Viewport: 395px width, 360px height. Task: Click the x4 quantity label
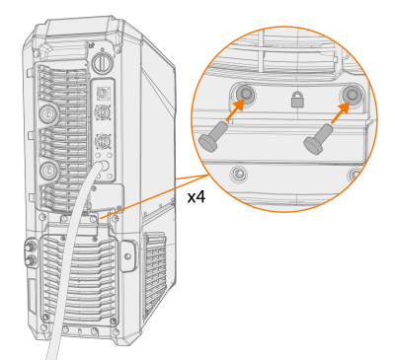pos(197,197)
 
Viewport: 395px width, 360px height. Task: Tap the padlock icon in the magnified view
pos(297,100)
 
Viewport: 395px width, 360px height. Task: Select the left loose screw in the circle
pos(213,137)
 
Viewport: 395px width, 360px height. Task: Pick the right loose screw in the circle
pos(318,139)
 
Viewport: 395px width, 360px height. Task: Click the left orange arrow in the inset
pos(235,108)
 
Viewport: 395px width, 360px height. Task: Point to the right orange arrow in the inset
pos(340,112)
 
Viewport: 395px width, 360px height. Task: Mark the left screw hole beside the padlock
pos(244,94)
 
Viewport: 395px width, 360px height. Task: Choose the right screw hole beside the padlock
pos(352,95)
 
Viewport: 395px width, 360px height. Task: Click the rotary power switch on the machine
pos(102,62)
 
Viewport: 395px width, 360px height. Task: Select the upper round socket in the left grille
pos(48,113)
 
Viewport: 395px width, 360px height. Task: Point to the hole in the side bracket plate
pos(128,256)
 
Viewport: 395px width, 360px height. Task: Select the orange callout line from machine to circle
pos(154,195)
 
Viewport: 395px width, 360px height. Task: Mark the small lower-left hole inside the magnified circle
pos(239,173)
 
